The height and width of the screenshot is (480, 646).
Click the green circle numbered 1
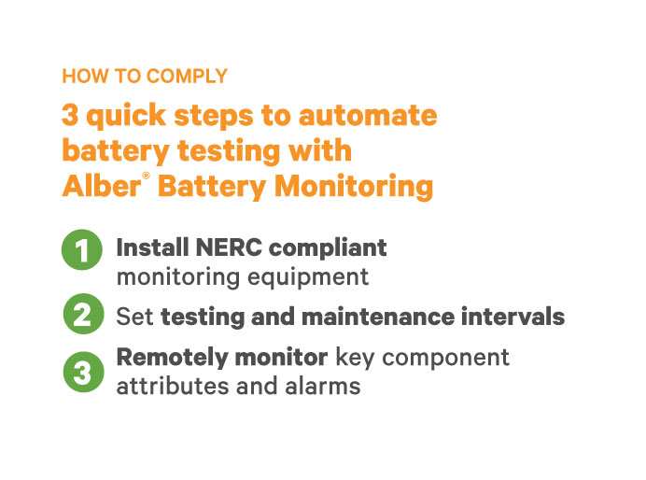83,251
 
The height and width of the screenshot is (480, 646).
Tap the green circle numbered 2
83,316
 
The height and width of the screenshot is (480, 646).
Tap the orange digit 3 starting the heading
70,116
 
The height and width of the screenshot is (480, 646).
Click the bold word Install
152,248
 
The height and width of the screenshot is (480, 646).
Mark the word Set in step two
135,317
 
